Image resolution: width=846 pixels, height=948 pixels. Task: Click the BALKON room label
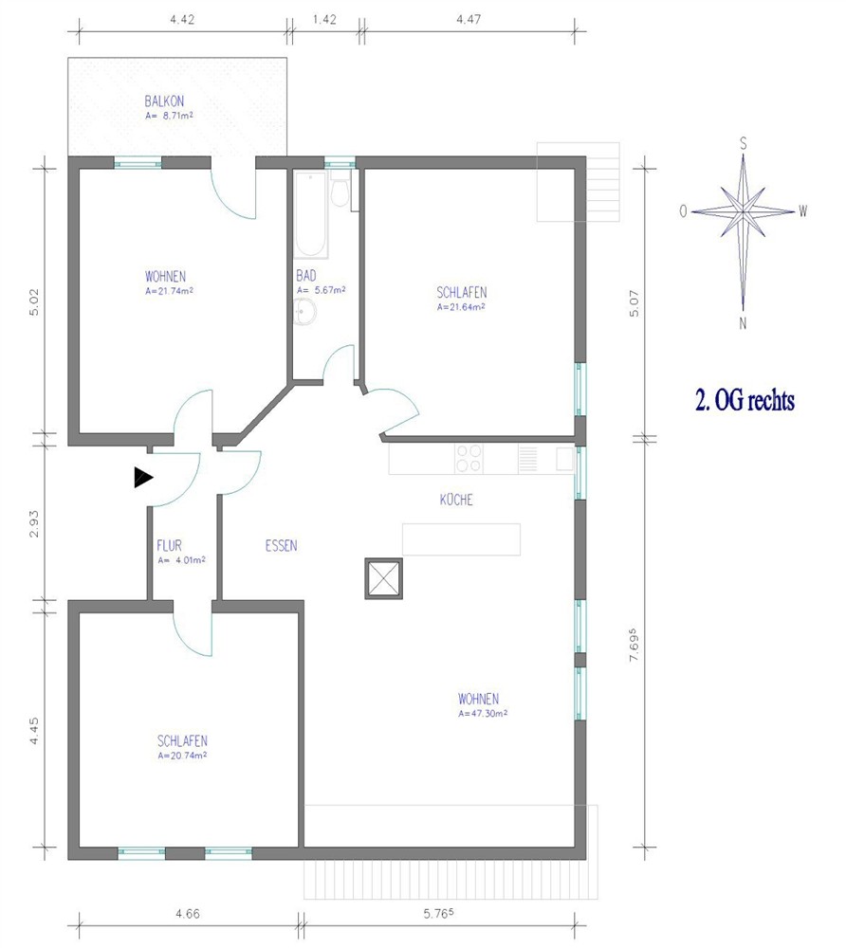164,101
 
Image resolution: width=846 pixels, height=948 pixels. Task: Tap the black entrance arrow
143,478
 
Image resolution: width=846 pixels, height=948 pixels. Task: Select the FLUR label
170,545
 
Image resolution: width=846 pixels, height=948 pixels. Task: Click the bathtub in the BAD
311,214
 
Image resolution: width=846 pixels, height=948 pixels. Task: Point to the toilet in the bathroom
340,190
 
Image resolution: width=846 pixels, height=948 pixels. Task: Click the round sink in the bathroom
305,313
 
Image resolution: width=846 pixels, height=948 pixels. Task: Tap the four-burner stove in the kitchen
469,458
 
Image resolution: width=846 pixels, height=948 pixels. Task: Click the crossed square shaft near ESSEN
383,578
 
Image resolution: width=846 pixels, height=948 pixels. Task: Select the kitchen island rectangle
461,539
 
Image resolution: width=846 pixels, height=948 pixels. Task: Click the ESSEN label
281,546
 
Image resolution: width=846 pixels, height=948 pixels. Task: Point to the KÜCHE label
456,500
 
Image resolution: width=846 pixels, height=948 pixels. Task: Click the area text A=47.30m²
483,714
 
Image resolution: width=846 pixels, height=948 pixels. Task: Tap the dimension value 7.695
634,645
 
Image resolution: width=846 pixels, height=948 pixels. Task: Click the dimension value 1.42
324,19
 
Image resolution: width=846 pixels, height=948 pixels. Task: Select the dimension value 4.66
188,914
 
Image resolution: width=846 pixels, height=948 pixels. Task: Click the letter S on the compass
744,144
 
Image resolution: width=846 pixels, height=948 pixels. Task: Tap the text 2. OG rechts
745,400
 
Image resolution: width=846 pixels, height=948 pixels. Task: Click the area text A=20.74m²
182,756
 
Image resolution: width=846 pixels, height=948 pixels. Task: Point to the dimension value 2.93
34,523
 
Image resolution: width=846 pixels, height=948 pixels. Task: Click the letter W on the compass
802,211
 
